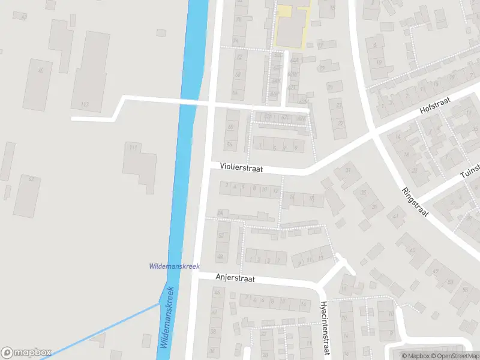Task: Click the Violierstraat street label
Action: tap(241, 170)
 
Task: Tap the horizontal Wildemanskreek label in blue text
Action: tap(174, 266)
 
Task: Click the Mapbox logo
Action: tap(26, 352)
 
